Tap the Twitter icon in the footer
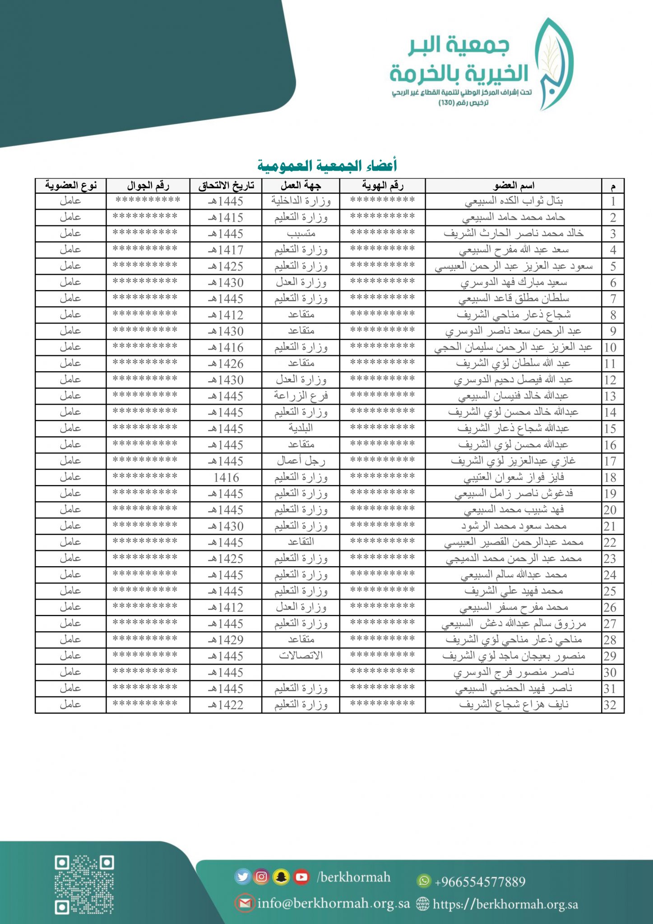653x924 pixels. tap(243, 877)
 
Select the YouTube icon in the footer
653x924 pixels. tap(301, 877)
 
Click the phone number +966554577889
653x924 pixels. tap(480, 881)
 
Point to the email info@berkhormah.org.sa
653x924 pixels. tap(333, 904)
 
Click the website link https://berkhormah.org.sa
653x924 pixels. tap(505, 904)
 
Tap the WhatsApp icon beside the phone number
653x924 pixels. tap(423, 880)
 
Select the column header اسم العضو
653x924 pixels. tap(514, 185)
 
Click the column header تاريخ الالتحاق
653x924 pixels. tap(226, 185)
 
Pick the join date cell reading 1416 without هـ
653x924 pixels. tap(226, 477)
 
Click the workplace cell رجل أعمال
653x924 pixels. tap(301, 461)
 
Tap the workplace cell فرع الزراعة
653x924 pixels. tap(301, 396)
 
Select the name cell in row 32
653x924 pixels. tap(514, 705)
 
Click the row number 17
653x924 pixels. tap(610, 461)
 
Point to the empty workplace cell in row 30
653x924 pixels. tap(301, 672)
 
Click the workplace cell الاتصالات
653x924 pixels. tap(301, 656)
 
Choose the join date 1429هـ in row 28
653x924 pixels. tap(226, 640)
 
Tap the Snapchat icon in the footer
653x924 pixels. tap(282, 877)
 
